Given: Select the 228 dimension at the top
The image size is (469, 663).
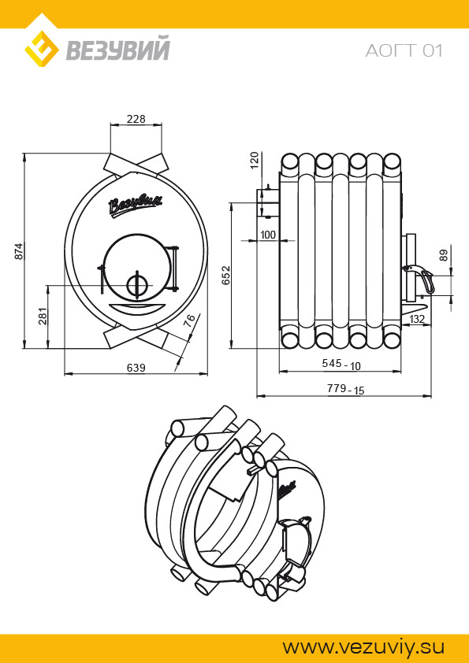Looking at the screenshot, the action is click(136, 119).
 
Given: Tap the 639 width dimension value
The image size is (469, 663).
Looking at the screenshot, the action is click(136, 368).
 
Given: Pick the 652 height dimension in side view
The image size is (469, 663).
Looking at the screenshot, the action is click(226, 275).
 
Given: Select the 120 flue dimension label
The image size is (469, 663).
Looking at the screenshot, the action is click(255, 161).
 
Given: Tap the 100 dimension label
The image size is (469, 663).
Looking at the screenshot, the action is click(267, 235).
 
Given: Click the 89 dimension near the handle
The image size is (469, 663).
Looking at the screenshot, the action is click(443, 256).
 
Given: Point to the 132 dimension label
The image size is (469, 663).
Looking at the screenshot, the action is click(417, 319).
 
